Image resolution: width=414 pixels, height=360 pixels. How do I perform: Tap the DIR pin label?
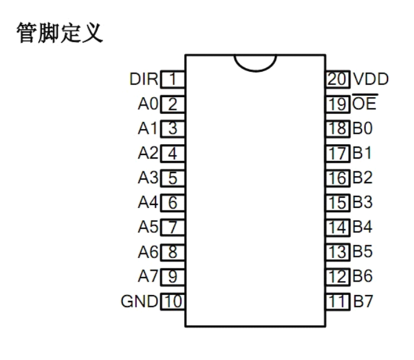coord(144,79)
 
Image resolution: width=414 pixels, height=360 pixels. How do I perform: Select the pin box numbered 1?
coord(172,79)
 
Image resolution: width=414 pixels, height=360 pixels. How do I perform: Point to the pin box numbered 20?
coord(337,79)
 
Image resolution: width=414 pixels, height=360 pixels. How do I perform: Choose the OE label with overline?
coord(364,103)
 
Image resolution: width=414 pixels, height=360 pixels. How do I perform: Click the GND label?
coord(138,301)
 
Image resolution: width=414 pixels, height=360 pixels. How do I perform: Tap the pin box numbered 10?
coord(172,301)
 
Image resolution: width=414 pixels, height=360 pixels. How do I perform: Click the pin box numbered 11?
coord(337,301)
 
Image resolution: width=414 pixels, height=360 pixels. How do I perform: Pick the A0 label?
coord(148,104)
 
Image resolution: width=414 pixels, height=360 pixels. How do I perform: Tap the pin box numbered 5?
coord(172,178)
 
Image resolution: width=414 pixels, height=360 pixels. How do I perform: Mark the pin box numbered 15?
coord(337,203)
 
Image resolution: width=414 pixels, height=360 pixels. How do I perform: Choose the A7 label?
coord(148,276)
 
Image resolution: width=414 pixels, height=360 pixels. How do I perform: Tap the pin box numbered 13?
coord(337,251)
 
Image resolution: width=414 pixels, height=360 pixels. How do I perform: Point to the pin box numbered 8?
coord(172,251)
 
